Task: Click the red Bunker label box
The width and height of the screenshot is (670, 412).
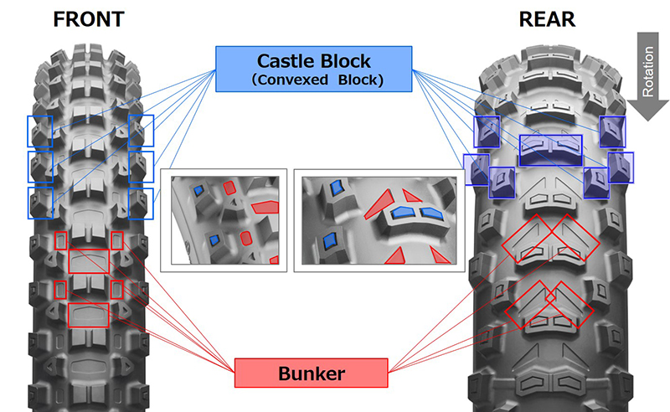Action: [311, 373]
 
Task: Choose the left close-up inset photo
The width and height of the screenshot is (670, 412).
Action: [225, 220]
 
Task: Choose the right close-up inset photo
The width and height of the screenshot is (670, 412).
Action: [379, 220]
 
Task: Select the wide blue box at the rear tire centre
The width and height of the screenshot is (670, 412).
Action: [550, 149]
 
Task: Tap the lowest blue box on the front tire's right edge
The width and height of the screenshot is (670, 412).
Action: [142, 203]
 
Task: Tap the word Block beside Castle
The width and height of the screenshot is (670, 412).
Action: [352, 60]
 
